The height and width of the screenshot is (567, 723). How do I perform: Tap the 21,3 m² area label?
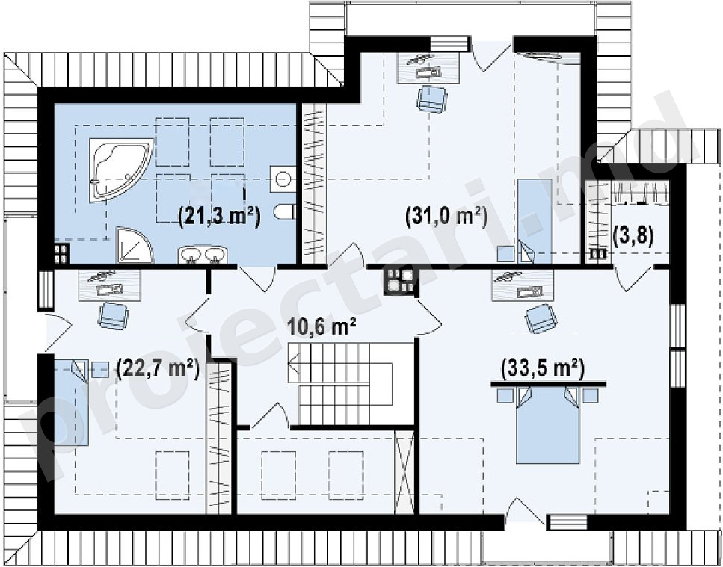click(220, 217)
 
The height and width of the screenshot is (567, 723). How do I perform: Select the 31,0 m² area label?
click(446, 217)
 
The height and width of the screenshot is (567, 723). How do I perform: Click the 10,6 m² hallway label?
click(321, 327)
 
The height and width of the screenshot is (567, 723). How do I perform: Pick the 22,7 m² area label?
click(159, 368)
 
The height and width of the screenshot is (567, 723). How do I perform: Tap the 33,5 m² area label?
click(543, 368)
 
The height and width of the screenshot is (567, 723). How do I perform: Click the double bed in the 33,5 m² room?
click(548, 424)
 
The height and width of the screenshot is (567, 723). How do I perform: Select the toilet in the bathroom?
click(284, 212)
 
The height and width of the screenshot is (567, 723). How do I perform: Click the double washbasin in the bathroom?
click(203, 255)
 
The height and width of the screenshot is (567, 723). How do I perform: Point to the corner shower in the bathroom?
click(134, 245)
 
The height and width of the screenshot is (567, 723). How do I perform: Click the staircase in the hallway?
click(340, 384)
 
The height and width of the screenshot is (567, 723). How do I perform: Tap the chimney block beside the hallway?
click(401, 280)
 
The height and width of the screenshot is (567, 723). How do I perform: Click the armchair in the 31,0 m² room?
click(431, 99)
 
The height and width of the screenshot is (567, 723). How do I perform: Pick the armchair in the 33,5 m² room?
click(541, 318)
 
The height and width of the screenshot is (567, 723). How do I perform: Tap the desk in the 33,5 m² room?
click(523, 285)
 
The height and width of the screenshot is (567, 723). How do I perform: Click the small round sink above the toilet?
click(283, 179)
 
